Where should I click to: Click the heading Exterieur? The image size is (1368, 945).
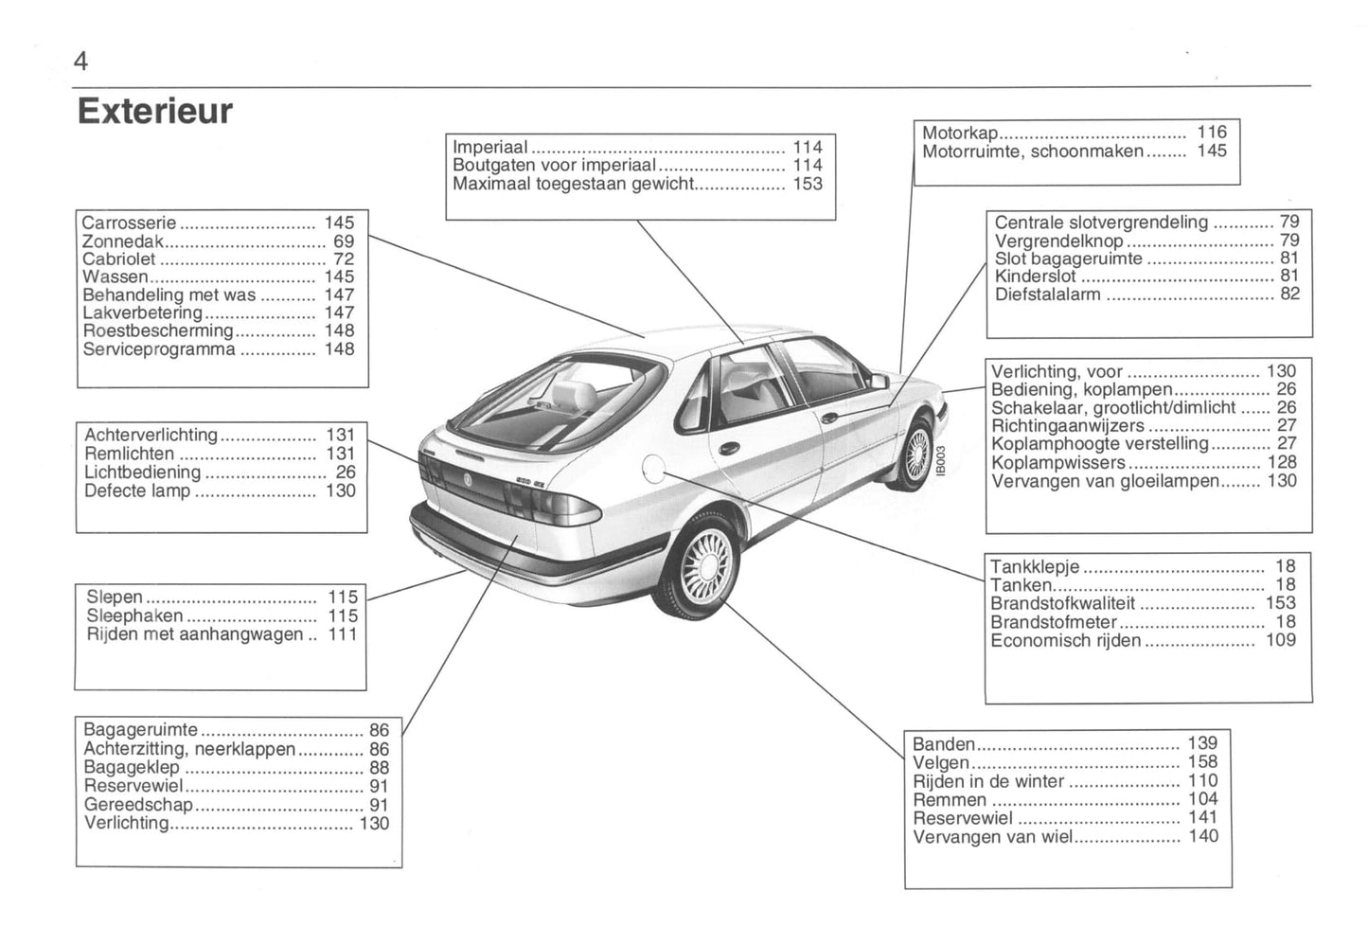tap(154, 112)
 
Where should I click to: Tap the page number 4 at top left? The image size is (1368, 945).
tap(80, 62)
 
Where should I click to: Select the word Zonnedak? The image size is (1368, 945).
tap(123, 241)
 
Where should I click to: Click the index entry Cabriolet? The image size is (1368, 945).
tap(118, 259)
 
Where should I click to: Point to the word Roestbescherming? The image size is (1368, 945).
tap(157, 331)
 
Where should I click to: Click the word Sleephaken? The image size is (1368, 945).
tap(134, 616)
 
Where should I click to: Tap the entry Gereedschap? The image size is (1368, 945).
tap(137, 805)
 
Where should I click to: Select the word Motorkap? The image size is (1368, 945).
tap(959, 133)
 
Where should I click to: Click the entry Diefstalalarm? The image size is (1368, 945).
tap(1047, 294)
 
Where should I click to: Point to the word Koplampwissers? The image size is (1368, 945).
tap(1057, 463)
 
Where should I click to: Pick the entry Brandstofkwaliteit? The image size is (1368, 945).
tap(1062, 604)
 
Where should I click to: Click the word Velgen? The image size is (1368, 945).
tap(941, 763)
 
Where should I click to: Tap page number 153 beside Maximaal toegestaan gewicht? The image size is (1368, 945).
tap(808, 185)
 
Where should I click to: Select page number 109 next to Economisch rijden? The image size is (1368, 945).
tap(1281, 641)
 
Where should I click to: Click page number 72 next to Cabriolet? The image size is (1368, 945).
tap(344, 259)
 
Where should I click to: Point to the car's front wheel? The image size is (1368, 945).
tap(915, 455)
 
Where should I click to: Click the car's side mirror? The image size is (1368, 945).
tap(879, 382)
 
